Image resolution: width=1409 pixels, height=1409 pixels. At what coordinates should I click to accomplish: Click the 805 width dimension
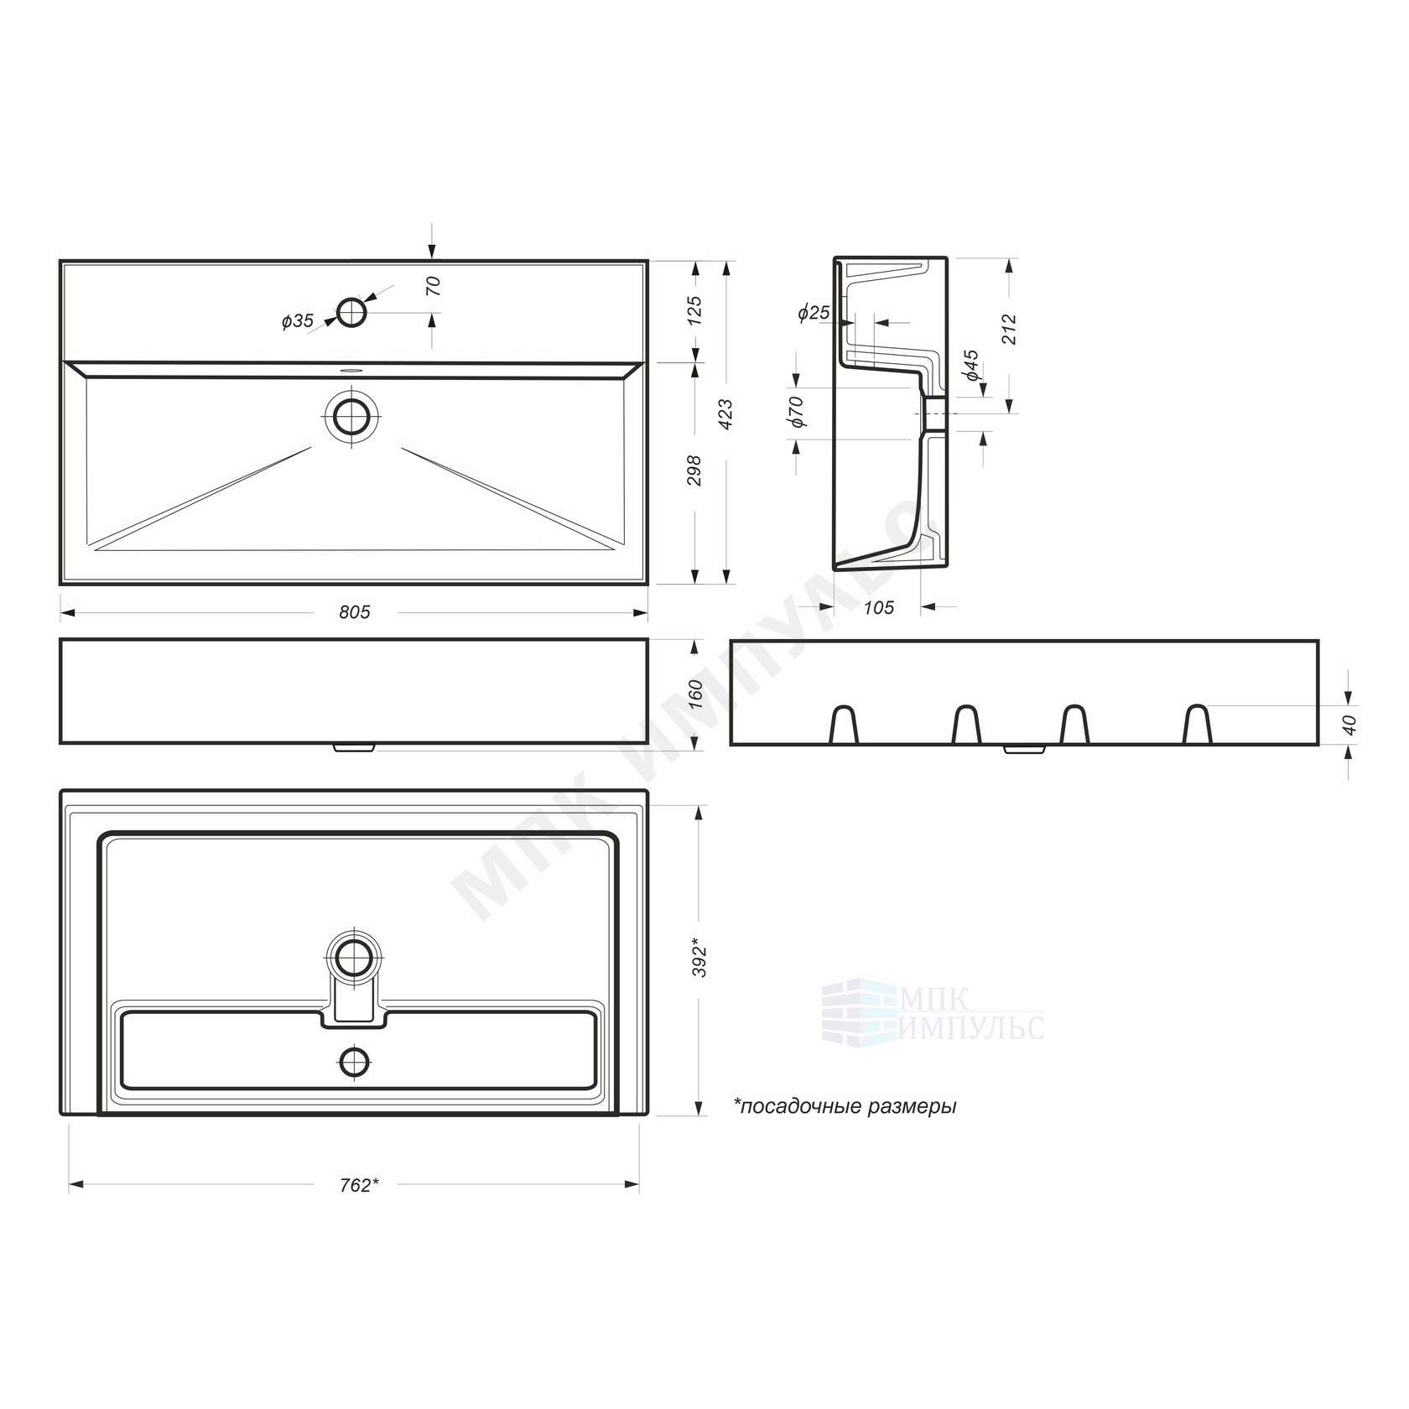(x=355, y=612)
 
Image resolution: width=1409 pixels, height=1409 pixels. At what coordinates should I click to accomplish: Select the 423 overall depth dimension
(x=726, y=414)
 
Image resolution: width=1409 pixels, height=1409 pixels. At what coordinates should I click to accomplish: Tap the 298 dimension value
(x=694, y=471)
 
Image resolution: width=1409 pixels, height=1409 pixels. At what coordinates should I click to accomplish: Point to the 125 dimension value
(x=694, y=311)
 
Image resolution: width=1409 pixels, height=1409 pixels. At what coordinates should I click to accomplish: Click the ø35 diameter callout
(x=298, y=320)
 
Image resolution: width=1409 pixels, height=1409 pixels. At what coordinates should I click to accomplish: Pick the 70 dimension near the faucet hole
(x=434, y=286)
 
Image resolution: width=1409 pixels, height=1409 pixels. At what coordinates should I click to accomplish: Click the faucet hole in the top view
(x=351, y=312)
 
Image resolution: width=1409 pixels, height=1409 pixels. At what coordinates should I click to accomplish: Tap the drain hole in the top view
(x=351, y=415)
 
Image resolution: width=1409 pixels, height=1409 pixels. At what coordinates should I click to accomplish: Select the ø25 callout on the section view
(x=814, y=313)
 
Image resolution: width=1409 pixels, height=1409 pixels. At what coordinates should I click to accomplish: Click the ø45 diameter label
(x=970, y=367)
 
